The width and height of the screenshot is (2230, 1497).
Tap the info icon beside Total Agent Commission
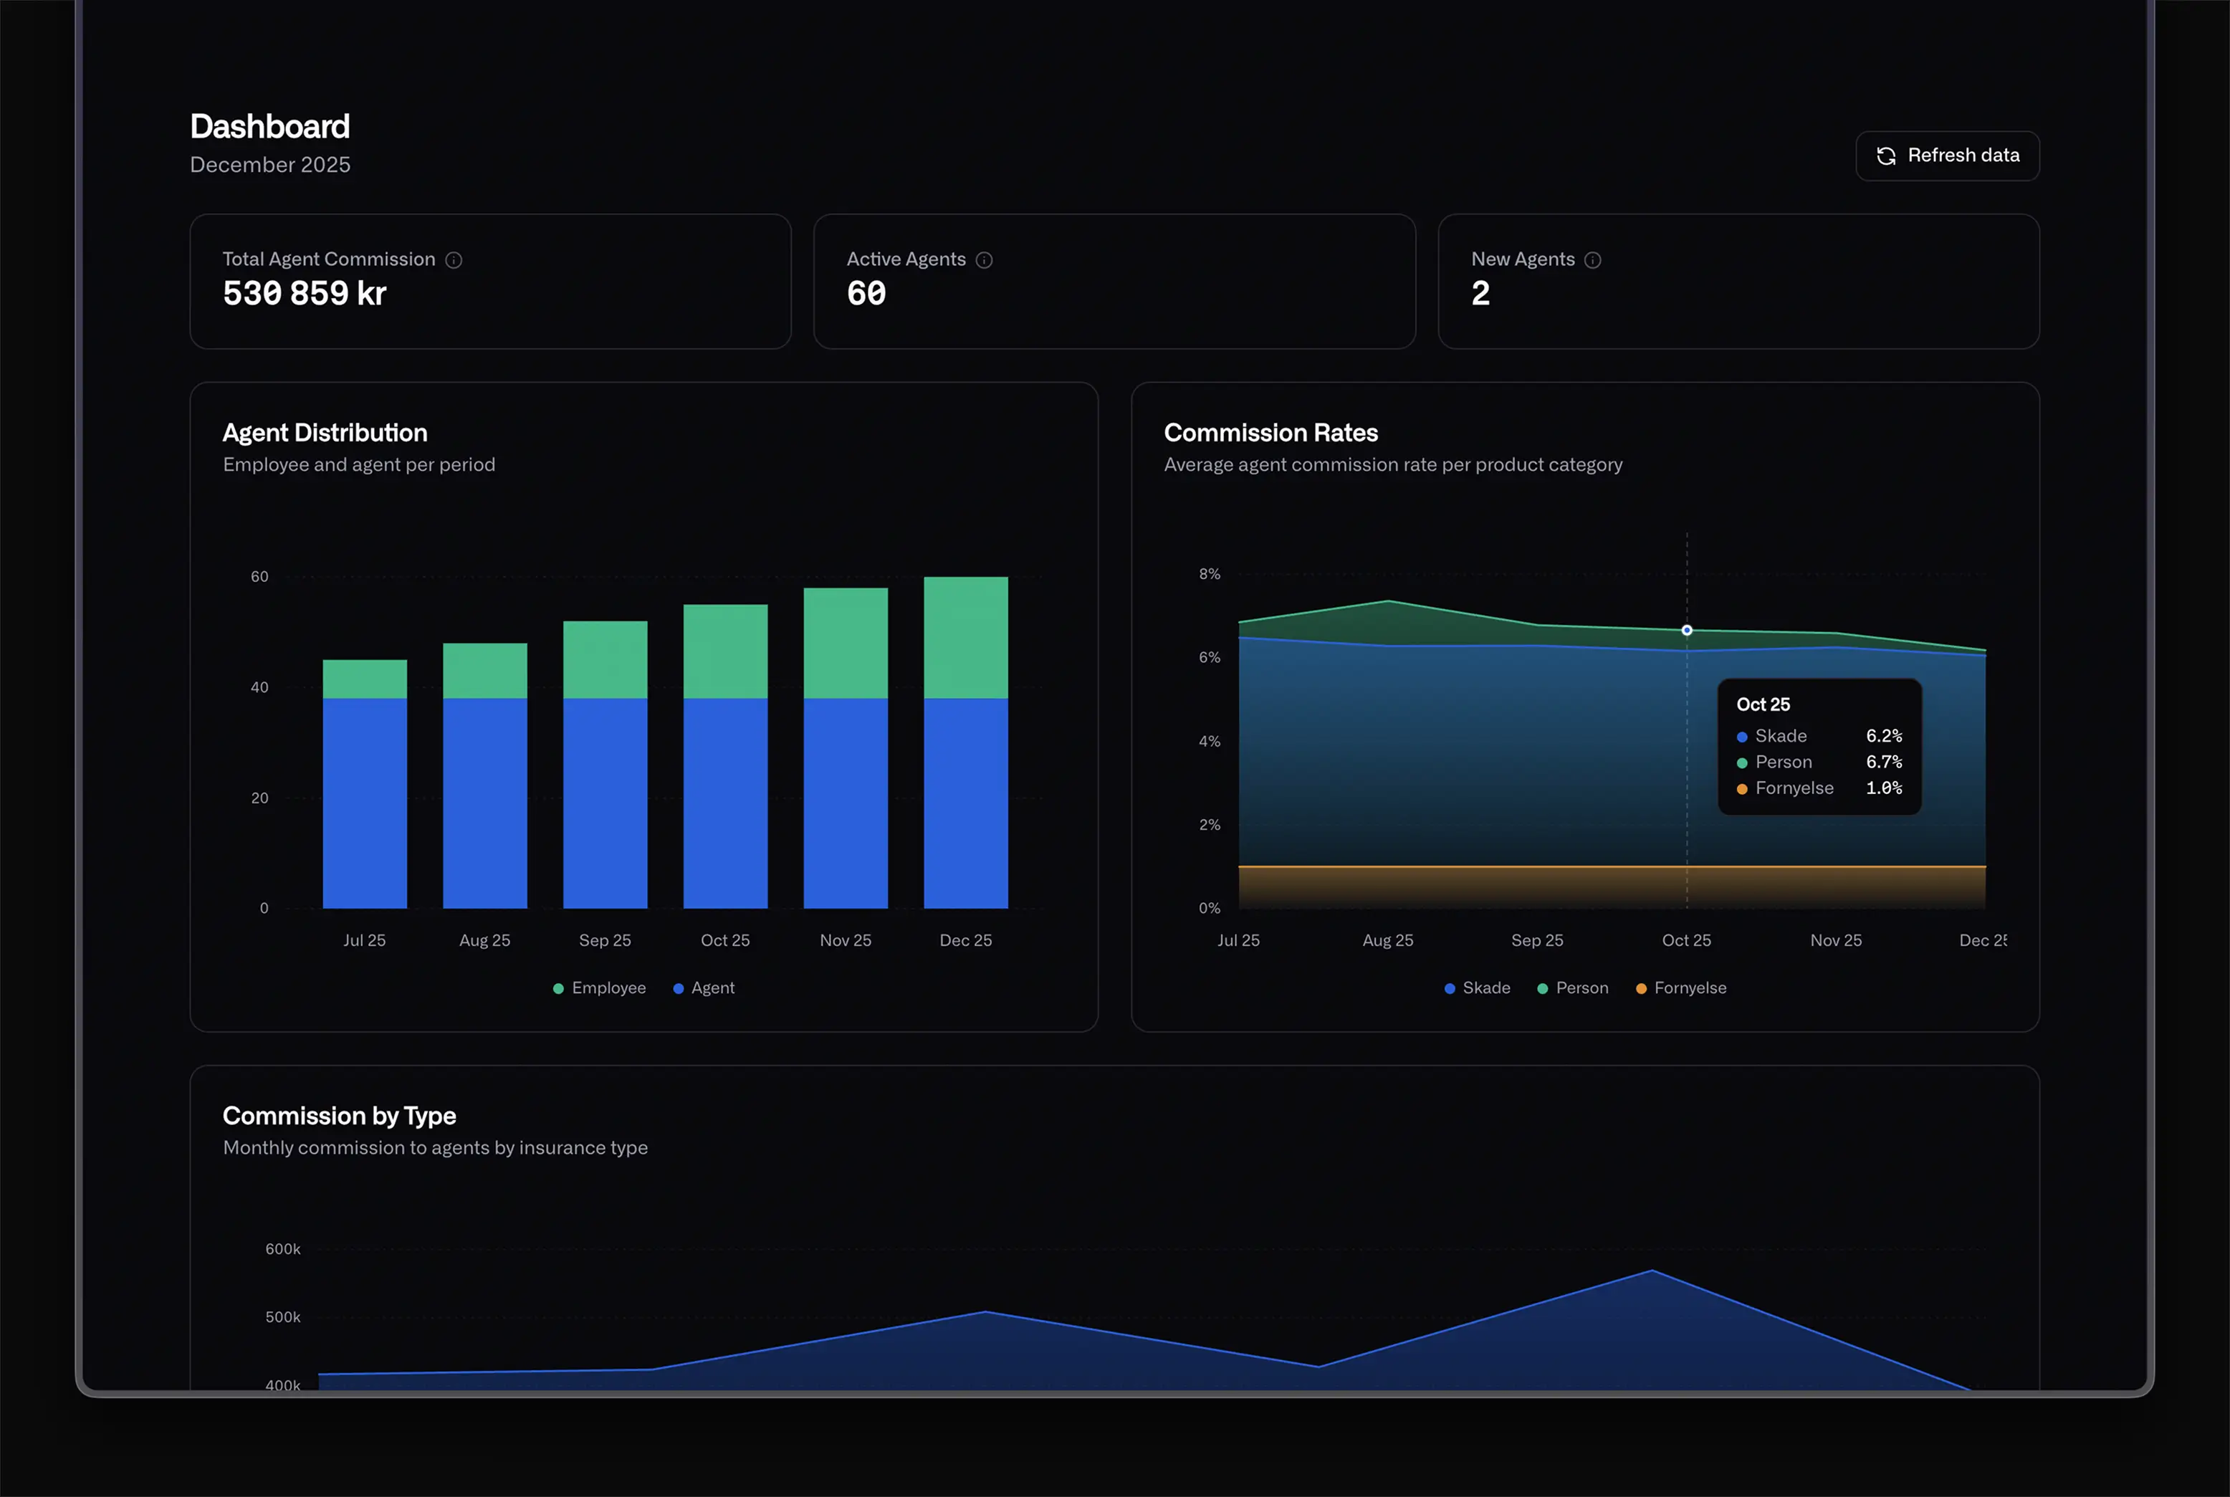click(454, 259)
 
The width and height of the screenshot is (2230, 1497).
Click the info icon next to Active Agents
click(984, 259)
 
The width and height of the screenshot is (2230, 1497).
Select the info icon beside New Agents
click(1592, 259)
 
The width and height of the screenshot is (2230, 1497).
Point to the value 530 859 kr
click(305, 293)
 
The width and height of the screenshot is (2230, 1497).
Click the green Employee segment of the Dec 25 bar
click(965, 637)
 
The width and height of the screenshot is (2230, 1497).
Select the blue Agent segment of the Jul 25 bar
click(365, 802)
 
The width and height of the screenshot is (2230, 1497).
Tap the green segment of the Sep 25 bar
click(606, 659)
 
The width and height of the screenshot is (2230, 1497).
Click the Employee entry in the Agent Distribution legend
click(600, 988)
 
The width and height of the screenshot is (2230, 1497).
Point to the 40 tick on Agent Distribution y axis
click(259, 687)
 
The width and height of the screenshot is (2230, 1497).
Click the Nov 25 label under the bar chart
click(845, 940)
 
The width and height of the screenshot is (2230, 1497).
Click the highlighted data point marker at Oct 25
click(1687, 630)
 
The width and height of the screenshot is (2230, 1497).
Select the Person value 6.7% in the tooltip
click(1883, 762)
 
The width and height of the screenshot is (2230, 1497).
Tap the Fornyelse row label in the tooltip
click(1794, 788)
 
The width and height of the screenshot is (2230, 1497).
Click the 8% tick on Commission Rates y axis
click(1210, 574)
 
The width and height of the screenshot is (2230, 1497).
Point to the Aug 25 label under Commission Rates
click(1387, 940)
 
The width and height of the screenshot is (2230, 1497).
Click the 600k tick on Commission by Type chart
click(282, 1249)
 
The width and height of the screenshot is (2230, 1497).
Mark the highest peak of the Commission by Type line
click(1652, 1271)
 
